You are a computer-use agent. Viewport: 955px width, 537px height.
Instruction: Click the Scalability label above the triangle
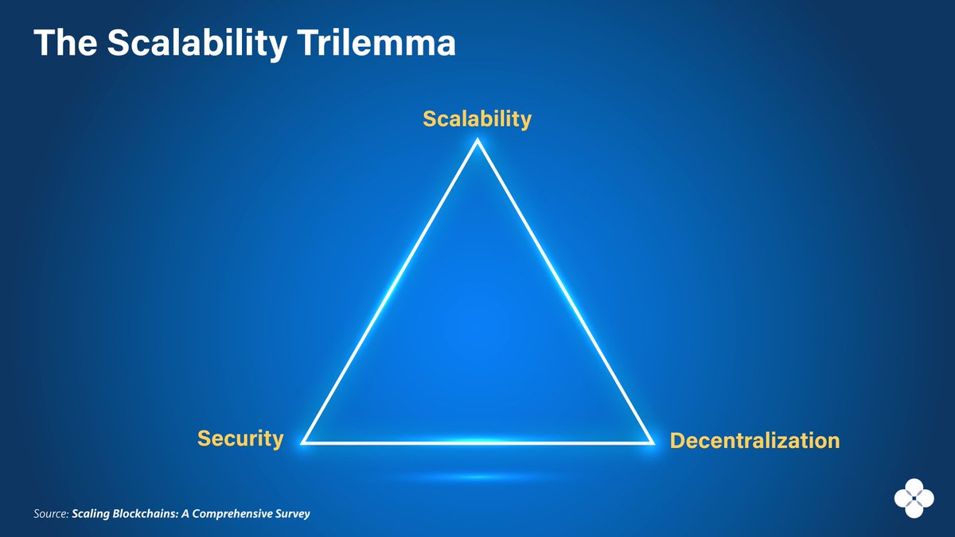[477, 119]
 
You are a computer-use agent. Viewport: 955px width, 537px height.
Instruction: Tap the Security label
[240, 438]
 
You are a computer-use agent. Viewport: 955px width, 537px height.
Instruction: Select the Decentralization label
[754, 440]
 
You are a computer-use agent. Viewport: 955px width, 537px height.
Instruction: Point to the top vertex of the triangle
[477, 142]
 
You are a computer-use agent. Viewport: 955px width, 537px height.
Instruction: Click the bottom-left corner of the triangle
[304, 442]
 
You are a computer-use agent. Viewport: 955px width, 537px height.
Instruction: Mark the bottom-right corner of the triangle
[652, 442]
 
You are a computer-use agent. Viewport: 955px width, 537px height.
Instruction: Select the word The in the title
[62, 45]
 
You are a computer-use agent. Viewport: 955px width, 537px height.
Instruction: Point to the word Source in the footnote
[51, 514]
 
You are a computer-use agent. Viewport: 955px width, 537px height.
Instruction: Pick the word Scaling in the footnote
[91, 514]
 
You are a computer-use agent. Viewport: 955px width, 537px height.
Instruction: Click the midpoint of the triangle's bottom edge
[477, 442]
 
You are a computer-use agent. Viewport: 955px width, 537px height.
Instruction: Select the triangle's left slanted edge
[391, 291]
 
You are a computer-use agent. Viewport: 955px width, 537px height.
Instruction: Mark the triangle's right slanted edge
[564, 291]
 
